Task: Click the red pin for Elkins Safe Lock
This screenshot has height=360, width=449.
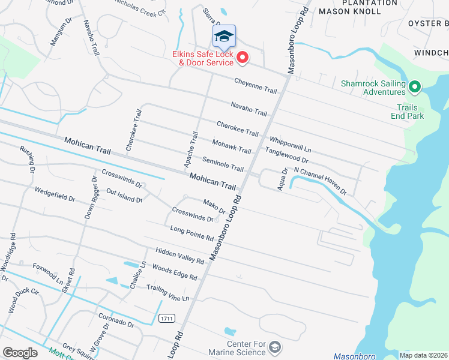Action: pyautogui.click(x=243, y=58)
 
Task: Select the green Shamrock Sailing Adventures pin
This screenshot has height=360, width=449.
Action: pyautogui.click(x=414, y=88)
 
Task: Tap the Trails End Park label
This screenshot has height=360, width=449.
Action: pyautogui.click(x=406, y=112)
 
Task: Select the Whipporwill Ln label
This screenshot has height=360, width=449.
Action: pyautogui.click(x=291, y=143)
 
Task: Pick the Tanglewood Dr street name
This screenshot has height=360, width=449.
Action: pyautogui.click(x=286, y=157)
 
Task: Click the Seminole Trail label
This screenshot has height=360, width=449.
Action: pyautogui.click(x=223, y=164)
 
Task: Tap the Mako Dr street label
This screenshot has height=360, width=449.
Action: pyautogui.click(x=214, y=207)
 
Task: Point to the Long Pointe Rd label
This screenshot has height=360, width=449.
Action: pyautogui.click(x=191, y=233)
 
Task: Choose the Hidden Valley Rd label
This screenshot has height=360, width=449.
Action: pyautogui.click(x=180, y=255)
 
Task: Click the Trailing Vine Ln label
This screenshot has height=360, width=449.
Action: pyautogui.click(x=167, y=292)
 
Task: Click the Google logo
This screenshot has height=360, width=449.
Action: pyautogui.click(x=20, y=352)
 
